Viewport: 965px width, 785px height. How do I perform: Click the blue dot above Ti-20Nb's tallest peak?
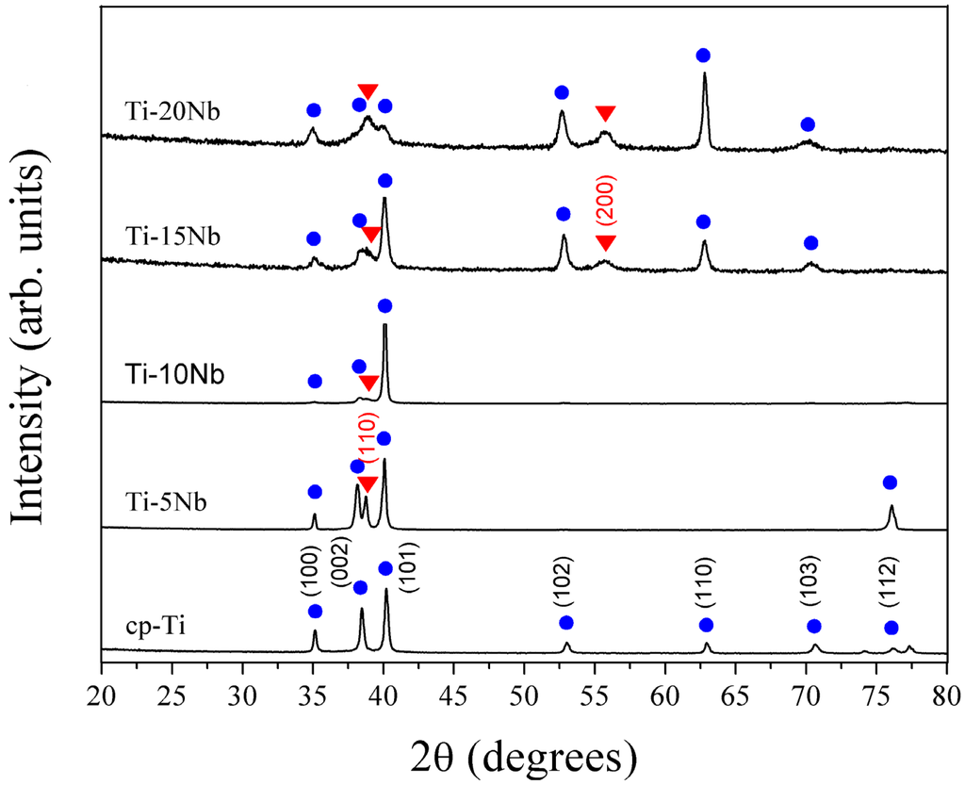703,55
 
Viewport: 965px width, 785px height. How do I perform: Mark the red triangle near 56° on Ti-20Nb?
605,114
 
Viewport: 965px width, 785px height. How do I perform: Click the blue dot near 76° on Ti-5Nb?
890,482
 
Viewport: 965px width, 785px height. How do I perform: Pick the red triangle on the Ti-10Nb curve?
369,383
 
